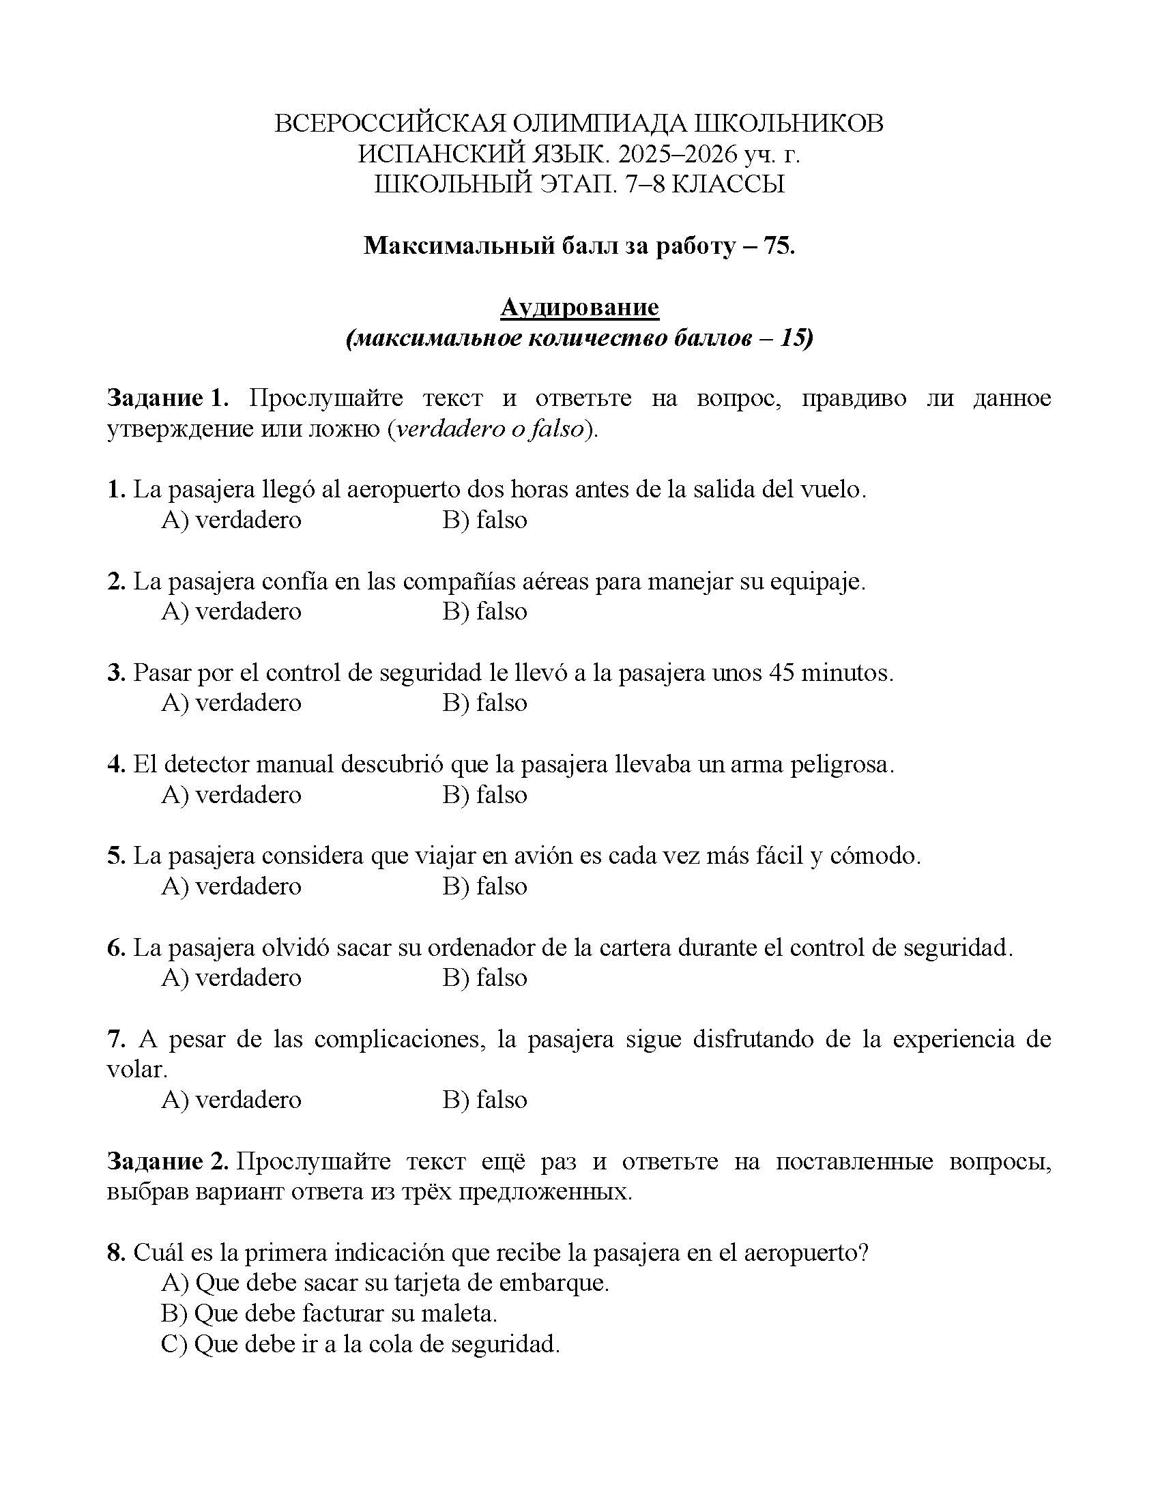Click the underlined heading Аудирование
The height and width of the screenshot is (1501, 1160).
[x=579, y=307]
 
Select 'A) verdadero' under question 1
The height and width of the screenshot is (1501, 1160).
[x=231, y=520]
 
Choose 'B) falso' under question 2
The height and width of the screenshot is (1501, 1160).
[x=484, y=611]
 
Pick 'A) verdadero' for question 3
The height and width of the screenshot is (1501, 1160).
[x=231, y=702]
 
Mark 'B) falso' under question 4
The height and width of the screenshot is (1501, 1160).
[x=484, y=794]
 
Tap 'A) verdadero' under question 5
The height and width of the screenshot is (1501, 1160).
[x=231, y=886]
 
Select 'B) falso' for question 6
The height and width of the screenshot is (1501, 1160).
[x=484, y=977]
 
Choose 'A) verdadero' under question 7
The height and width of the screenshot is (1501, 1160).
[x=231, y=1100]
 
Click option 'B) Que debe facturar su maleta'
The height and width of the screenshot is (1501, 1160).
[x=329, y=1313]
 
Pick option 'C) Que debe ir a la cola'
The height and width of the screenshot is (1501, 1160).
[x=360, y=1343]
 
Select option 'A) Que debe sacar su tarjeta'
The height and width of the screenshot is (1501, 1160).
[x=385, y=1283]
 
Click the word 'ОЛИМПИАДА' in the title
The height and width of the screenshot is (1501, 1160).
[x=596, y=123]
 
